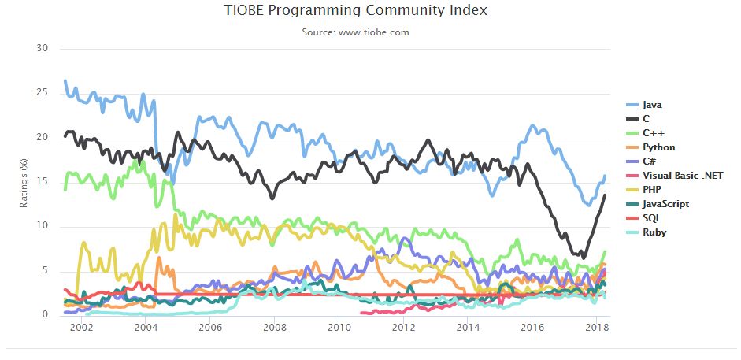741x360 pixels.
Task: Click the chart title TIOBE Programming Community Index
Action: [x=355, y=10]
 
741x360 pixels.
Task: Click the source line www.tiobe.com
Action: [x=355, y=32]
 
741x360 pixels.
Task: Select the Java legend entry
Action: [x=651, y=105]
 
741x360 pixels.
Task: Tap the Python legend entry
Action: [x=658, y=147]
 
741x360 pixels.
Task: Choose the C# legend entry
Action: [x=650, y=161]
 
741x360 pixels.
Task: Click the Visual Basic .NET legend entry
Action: [x=682, y=176]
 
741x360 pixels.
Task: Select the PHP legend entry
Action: [x=652, y=190]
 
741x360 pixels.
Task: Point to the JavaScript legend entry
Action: [x=665, y=204]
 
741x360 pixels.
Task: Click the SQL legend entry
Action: [x=652, y=218]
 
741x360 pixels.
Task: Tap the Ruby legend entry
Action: [x=654, y=232]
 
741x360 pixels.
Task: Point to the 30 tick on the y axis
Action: [x=43, y=48]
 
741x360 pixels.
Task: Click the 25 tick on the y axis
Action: [x=43, y=93]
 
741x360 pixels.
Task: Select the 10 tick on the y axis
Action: [x=43, y=226]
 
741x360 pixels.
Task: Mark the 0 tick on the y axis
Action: [x=46, y=315]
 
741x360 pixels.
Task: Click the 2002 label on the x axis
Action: [x=80, y=327]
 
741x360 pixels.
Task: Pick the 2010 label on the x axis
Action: [x=339, y=327]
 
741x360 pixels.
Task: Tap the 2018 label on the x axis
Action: [x=597, y=327]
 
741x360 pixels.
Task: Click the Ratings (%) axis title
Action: [x=24, y=182]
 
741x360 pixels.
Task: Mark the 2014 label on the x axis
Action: [x=468, y=327]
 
